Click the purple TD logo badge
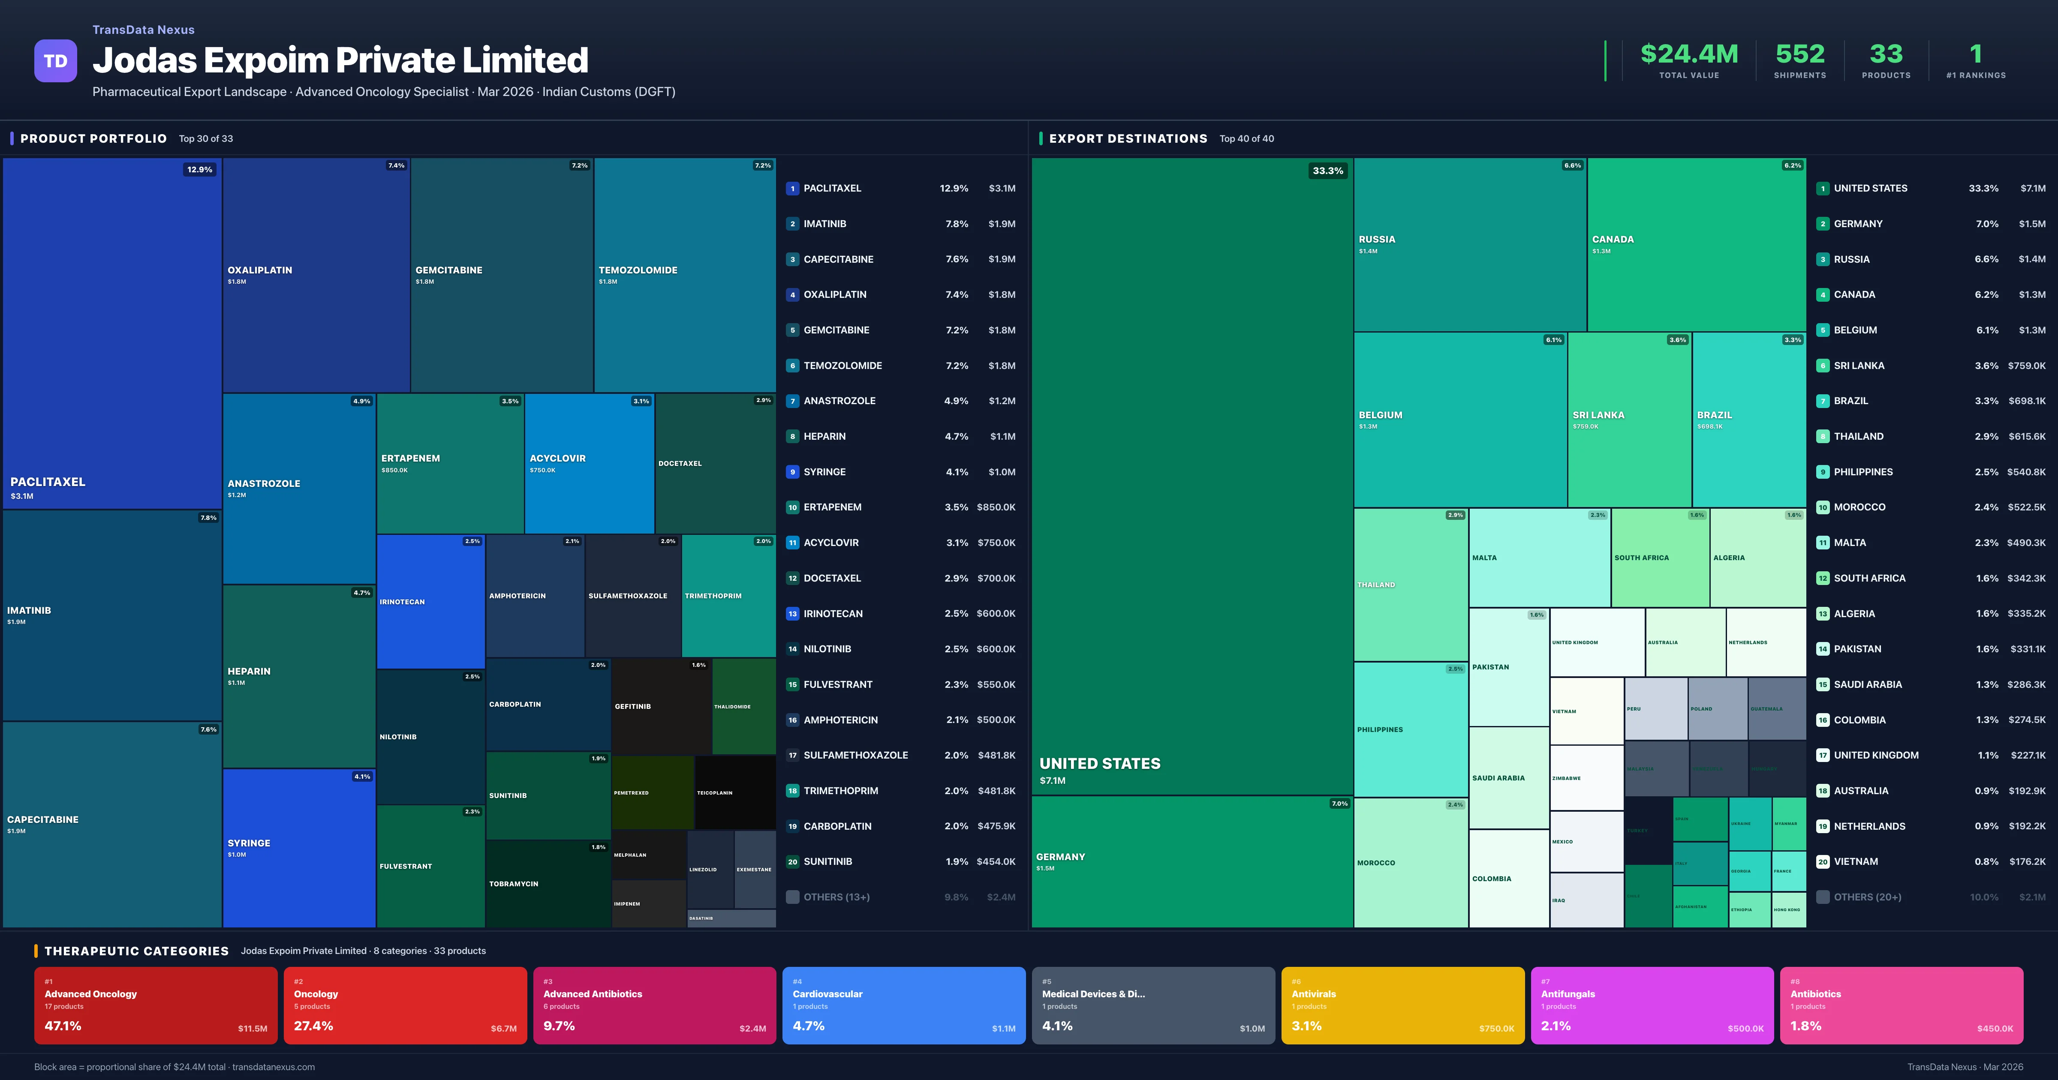[55, 61]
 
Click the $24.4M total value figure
[1689, 54]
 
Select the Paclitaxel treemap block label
[48, 482]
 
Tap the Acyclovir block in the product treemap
[589, 463]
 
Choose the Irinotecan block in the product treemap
[430, 602]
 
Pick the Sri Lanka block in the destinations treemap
[1629, 420]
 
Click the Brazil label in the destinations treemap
[1715, 415]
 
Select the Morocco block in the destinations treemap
[1410, 863]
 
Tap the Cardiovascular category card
[903, 1005]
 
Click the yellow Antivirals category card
[1402, 1005]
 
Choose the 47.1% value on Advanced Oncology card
[63, 1026]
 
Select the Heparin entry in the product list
[824, 436]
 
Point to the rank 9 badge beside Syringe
[792, 472]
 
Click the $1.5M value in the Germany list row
[2032, 224]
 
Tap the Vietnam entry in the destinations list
[1855, 861]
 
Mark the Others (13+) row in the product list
[836, 897]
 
